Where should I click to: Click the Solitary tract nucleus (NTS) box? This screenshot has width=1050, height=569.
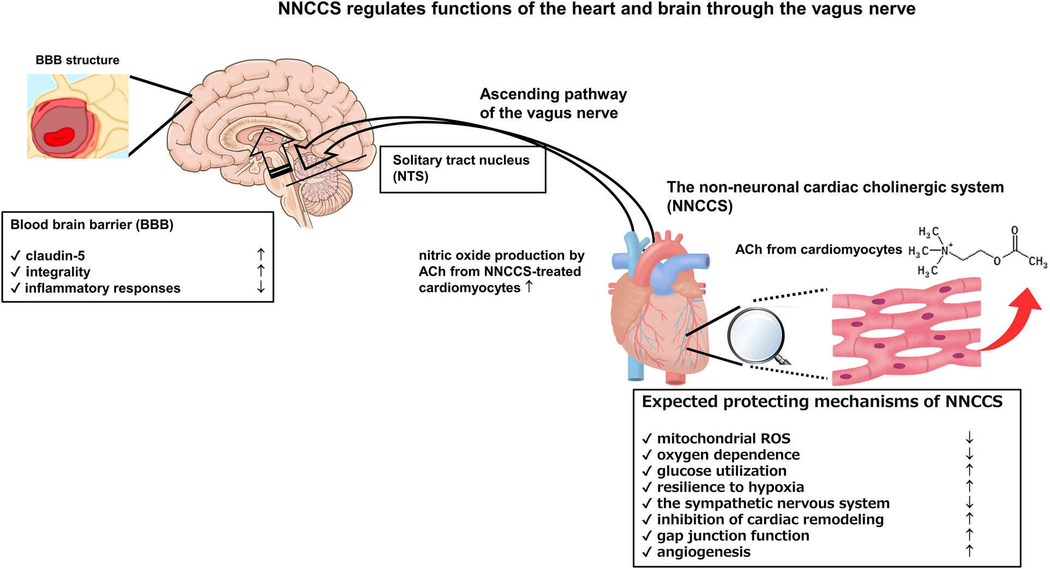tap(462, 169)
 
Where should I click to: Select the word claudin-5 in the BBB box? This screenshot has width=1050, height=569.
tap(55, 256)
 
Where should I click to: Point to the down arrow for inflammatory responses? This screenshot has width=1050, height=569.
tap(261, 287)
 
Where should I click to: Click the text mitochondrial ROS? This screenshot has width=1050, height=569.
tap(723, 438)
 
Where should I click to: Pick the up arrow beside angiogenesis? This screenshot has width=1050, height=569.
tap(969, 551)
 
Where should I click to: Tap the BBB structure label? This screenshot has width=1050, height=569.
tap(77, 60)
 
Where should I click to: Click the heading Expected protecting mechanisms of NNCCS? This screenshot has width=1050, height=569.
tap(821, 402)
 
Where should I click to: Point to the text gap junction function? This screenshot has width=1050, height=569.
tap(733, 536)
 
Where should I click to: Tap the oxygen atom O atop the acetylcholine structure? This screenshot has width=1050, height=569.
tap(1014, 231)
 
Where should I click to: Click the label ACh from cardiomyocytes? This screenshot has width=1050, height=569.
tap(818, 250)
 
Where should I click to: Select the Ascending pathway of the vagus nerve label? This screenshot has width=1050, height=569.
tap(553, 104)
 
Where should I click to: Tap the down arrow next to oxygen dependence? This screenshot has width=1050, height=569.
tap(969, 454)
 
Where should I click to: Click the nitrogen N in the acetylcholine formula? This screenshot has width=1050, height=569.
tap(945, 251)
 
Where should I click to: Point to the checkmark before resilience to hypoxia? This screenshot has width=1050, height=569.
tap(647, 487)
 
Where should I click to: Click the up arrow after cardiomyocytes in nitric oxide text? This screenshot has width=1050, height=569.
tap(529, 286)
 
